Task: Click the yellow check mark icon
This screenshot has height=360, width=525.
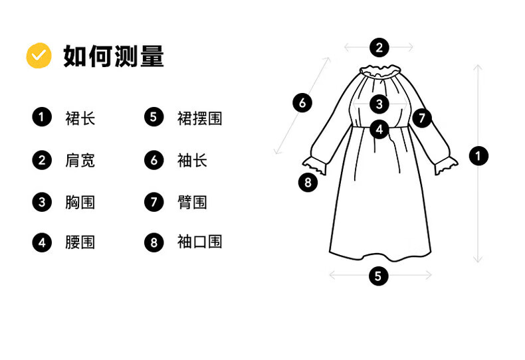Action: pyautogui.click(x=39, y=56)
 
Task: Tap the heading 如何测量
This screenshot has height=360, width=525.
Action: pyautogui.click(x=114, y=56)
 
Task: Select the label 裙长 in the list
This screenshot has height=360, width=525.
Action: pyautogui.click(x=80, y=118)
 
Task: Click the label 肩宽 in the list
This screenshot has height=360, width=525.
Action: pyautogui.click(x=80, y=160)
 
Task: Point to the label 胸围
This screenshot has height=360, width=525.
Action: pyautogui.click(x=80, y=202)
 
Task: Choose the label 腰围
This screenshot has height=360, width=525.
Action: pyautogui.click(x=80, y=242)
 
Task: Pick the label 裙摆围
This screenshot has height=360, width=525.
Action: pyautogui.click(x=199, y=118)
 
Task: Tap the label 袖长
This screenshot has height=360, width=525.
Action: pyautogui.click(x=192, y=160)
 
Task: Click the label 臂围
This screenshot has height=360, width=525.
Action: pyautogui.click(x=192, y=202)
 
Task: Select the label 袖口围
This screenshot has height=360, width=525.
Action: pyautogui.click(x=199, y=242)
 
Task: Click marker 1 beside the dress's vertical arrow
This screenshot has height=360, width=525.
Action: pyautogui.click(x=478, y=156)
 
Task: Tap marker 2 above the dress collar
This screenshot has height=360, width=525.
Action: pyautogui.click(x=379, y=47)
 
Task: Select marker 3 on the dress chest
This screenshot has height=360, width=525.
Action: pyautogui.click(x=379, y=104)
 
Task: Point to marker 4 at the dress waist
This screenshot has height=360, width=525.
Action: pyautogui.click(x=379, y=129)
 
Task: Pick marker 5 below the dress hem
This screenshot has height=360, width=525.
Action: pyautogui.click(x=378, y=276)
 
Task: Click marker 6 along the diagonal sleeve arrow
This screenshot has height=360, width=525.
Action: pyautogui.click(x=302, y=103)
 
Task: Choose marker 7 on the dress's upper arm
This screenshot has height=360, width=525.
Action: pyautogui.click(x=421, y=118)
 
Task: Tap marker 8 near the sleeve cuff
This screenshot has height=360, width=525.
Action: pyautogui.click(x=308, y=181)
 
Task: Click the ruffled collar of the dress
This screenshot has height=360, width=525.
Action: pyautogui.click(x=379, y=70)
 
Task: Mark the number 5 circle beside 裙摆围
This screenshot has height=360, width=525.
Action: pyautogui.click(x=154, y=118)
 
